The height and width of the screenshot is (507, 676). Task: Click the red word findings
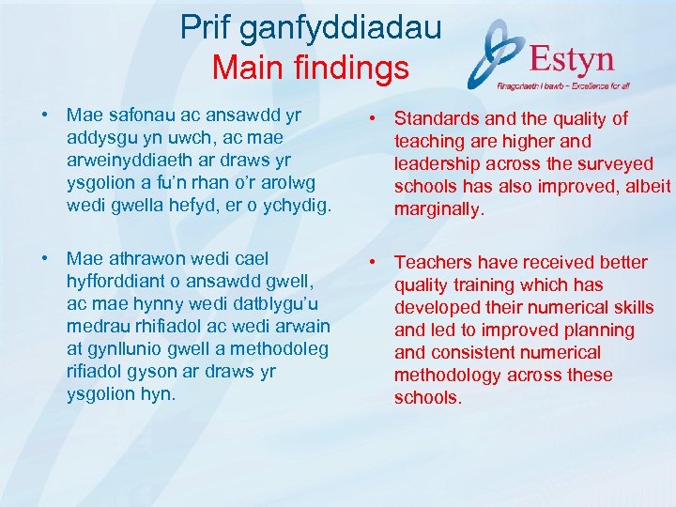(x=355, y=69)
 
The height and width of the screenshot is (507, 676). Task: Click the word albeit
(x=646, y=187)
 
